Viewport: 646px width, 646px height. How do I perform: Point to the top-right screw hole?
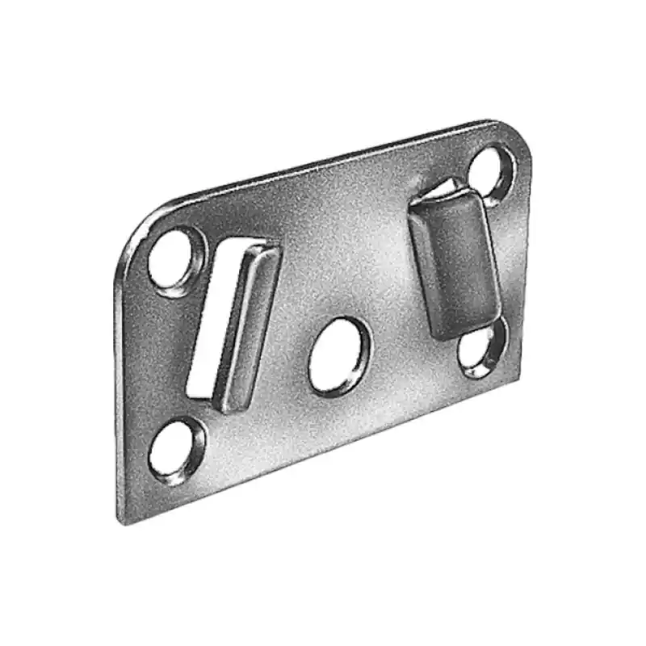(x=491, y=172)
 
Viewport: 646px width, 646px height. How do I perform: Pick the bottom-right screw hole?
(x=483, y=349)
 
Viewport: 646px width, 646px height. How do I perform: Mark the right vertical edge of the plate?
(x=526, y=258)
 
